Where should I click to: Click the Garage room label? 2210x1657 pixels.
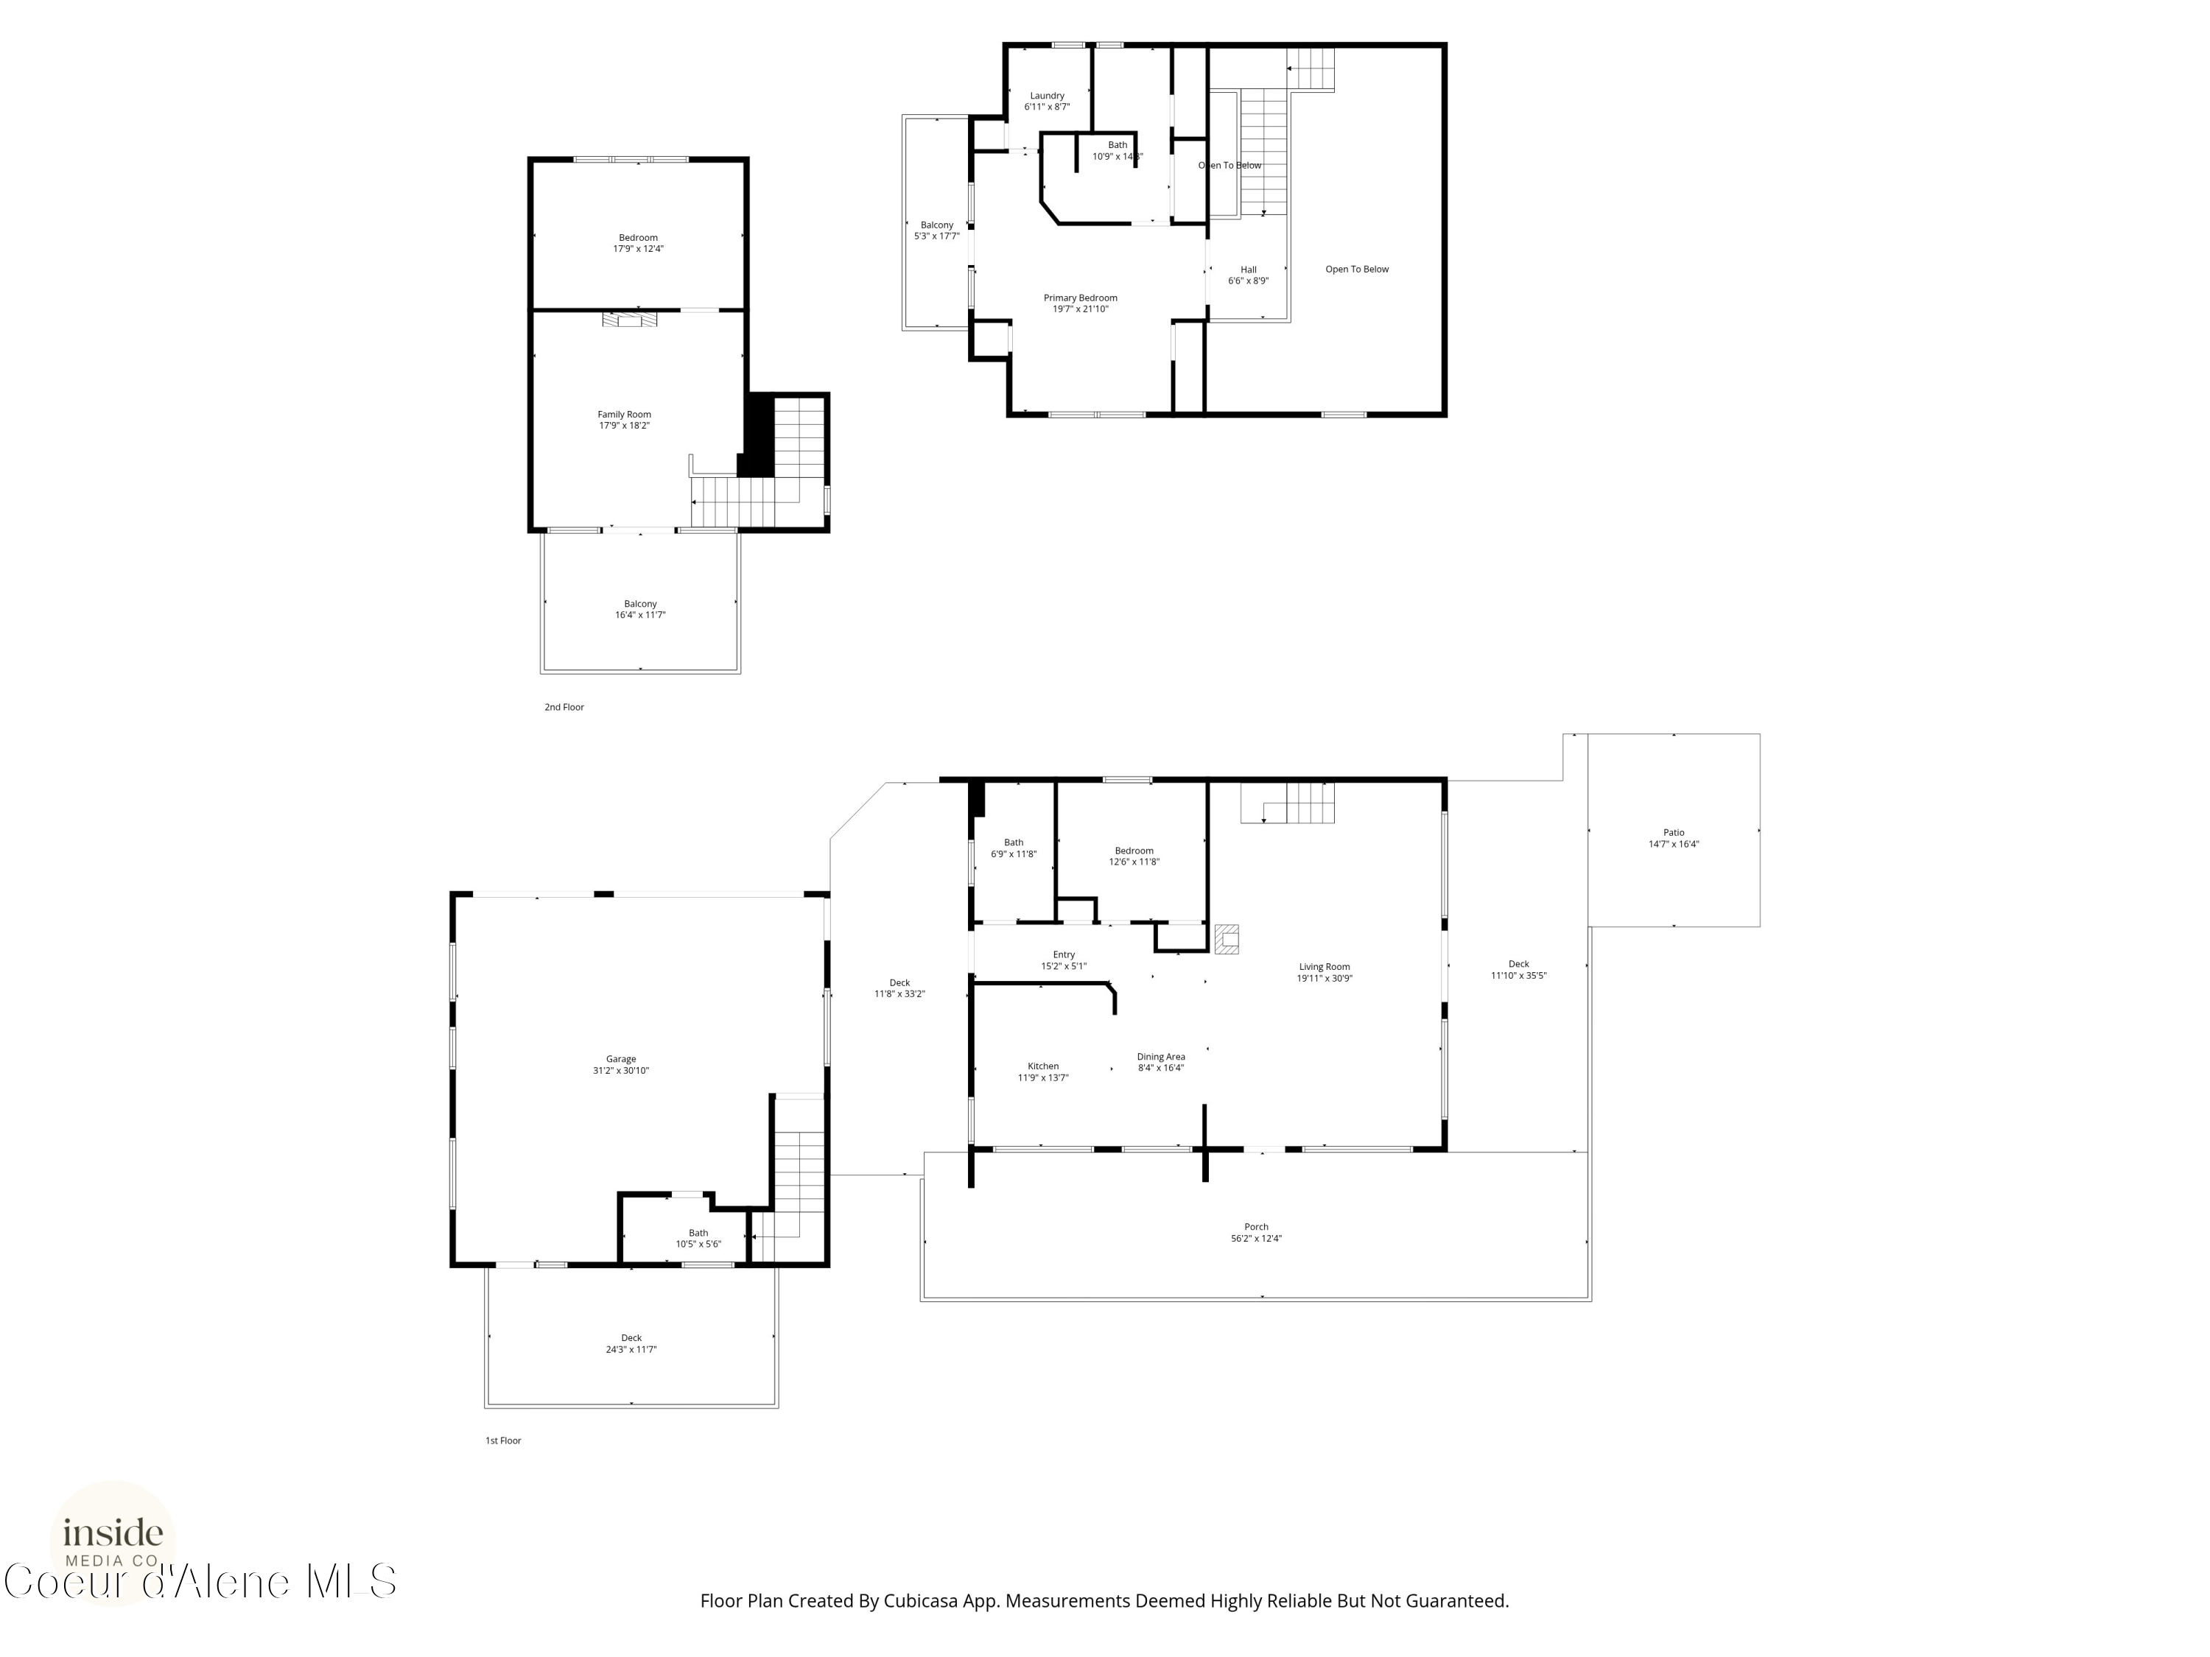tap(620, 1059)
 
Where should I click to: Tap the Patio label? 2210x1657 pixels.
tap(1674, 832)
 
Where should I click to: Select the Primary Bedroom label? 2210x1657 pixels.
tap(1080, 298)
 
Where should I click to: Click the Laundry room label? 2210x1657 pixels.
tap(1047, 96)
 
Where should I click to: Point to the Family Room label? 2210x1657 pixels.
tap(625, 415)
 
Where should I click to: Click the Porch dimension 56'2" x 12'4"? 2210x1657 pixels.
tap(1256, 1239)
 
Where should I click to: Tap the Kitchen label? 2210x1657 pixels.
tap(1043, 1066)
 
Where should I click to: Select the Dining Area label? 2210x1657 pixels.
tap(1161, 1057)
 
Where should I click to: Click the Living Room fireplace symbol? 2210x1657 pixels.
tap(1227, 939)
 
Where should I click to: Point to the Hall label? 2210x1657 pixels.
tap(1249, 270)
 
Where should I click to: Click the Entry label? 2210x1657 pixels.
tap(1064, 955)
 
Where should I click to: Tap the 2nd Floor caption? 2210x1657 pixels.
tap(564, 707)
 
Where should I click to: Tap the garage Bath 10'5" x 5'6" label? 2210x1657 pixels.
tap(698, 1233)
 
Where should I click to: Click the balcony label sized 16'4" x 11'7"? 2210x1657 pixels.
tap(640, 605)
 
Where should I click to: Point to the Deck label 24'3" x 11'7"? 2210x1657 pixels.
tap(631, 1337)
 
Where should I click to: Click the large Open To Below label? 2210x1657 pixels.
tap(1357, 270)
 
